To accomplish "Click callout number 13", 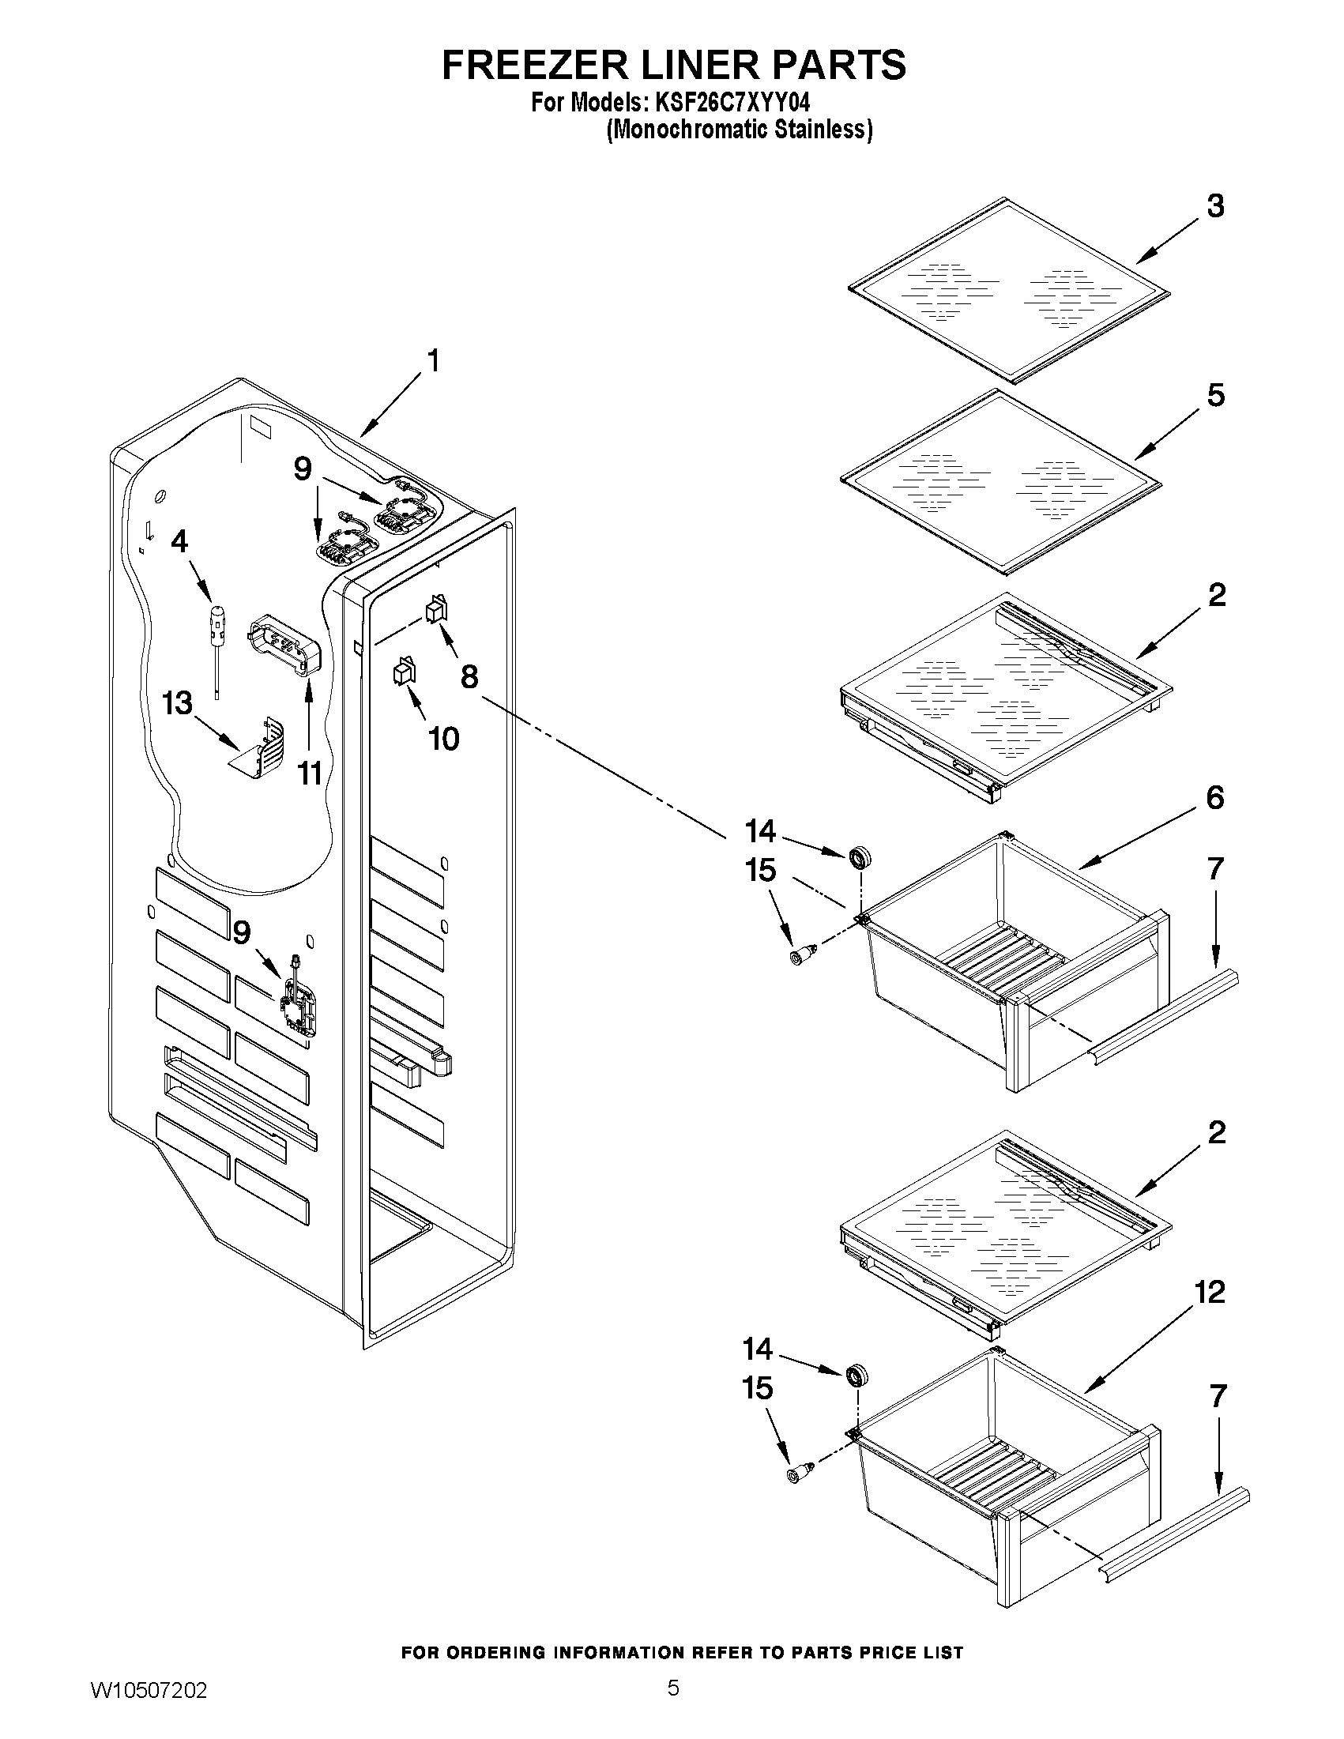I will point(177,703).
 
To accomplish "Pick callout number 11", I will point(309,773).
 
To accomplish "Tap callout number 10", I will point(443,739).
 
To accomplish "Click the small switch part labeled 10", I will point(404,671).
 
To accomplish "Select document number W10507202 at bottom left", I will point(149,1707).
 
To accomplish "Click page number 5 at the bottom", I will point(673,1704).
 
